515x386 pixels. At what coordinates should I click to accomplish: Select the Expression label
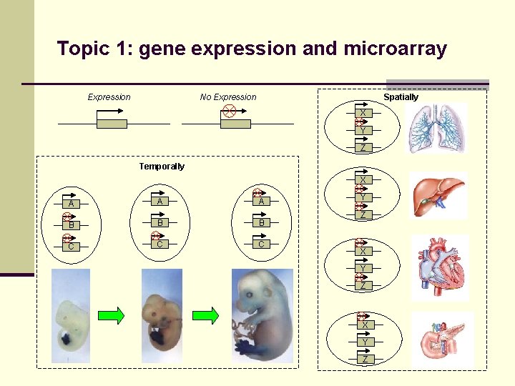[x=109, y=97]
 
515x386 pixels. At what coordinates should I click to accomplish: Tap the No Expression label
[x=227, y=97]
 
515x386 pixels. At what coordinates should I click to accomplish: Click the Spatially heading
[x=401, y=97]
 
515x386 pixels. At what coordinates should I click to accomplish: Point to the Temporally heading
[x=161, y=167]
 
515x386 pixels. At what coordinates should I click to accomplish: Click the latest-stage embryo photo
[x=262, y=315]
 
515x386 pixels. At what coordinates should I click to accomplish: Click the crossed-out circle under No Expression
[x=228, y=111]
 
